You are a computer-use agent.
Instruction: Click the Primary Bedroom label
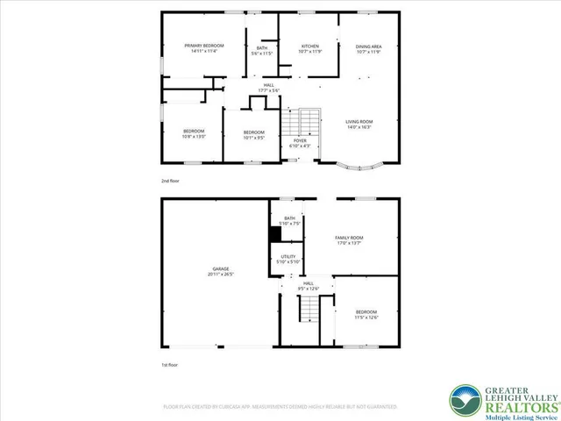[x=203, y=46]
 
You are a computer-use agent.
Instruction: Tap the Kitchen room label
[x=309, y=46]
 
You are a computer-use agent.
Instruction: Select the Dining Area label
[x=368, y=46]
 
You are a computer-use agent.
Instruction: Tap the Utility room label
[x=288, y=256]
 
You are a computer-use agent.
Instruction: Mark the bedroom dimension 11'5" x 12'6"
[x=366, y=318]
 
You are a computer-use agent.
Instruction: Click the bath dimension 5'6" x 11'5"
[x=262, y=54]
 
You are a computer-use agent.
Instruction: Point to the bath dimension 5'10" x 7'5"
[x=288, y=225]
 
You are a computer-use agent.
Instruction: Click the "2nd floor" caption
[x=171, y=180]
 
